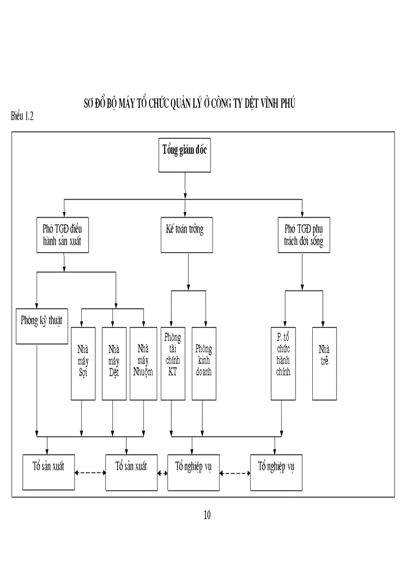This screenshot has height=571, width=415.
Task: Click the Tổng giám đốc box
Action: pyautogui.click(x=185, y=156)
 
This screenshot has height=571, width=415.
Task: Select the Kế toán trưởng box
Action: pyautogui.click(x=186, y=235)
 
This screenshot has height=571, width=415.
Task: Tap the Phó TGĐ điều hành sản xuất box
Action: pyautogui.click(x=64, y=235)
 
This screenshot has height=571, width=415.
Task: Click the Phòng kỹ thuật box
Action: pyautogui.click(x=42, y=326)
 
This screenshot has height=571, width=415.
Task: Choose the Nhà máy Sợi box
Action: pyautogui.click(x=83, y=363)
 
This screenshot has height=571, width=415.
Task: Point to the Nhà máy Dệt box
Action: pyautogui.click(x=114, y=363)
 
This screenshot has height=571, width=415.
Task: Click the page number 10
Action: pyautogui.click(x=207, y=515)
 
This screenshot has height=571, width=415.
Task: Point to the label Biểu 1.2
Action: pyautogui.click(x=22, y=116)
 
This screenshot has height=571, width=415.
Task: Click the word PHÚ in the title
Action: pyautogui.click(x=288, y=104)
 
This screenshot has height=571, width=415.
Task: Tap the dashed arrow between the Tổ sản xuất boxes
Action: pyautogui.click(x=90, y=472)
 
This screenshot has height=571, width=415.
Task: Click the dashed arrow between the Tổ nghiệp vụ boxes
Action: pyautogui.click(x=235, y=473)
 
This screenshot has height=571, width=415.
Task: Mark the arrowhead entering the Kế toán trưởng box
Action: pyautogui.click(x=185, y=215)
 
